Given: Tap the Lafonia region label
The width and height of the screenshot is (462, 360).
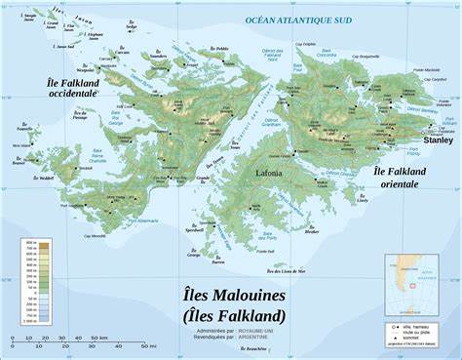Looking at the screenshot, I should pyautogui.click(x=271, y=173).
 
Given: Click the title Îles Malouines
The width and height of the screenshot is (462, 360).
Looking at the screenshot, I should pyautogui.click(x=233, y=294).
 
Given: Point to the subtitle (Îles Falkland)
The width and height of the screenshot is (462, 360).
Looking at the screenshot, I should pyautogui.click(x=233, y=314).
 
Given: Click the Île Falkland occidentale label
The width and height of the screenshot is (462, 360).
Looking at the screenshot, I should pyautogui.click(x=72, y=88).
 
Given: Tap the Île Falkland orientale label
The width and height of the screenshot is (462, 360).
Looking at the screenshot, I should pyautogui.click(x=401, y=177).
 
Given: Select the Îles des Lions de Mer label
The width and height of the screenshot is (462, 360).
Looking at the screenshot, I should pyautogui.click(x=286, y=270).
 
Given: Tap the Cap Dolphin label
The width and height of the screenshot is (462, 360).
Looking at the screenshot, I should pyautogui.click(x=306, y=44).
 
